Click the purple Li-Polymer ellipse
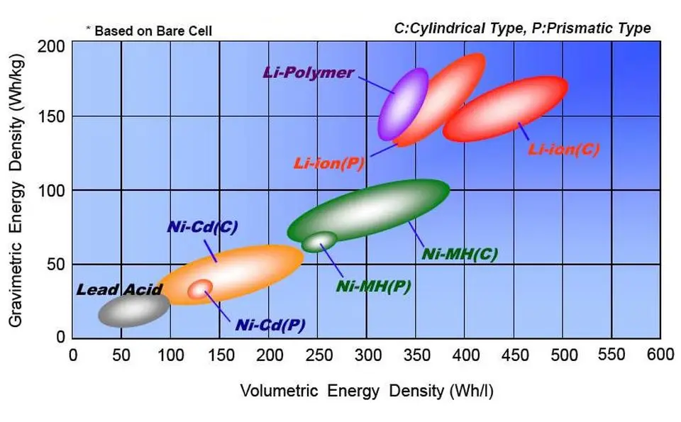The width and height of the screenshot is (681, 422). pyautogui.click(x=403, y=104)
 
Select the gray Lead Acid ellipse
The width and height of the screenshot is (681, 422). pyautogui.click(x=133, y=309)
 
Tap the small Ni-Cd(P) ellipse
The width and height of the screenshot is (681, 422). pyautogui.click(x=200, y=289)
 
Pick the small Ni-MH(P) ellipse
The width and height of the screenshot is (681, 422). pyautogui.click(x=319, y=241)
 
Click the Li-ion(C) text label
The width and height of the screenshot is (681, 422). pyautogui.click(x=564, y=150)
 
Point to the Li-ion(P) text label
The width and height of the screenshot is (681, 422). pyautogui.click(x=328, y=164)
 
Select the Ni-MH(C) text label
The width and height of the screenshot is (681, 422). pyautogui.click(x=460, y=254)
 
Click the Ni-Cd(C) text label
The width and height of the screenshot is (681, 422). pyautogui.click(x=202, y=227)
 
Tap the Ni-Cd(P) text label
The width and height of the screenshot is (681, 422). pyautogui.click(x=270, y=325)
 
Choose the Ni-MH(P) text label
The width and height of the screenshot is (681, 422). pyautogui.click(x=374, y=287)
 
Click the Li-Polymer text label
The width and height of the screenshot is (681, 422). pyautogui.click(x=309, y=72)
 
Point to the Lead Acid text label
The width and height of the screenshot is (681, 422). pyautogui.click(x=119, y=289)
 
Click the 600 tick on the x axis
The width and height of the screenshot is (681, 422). pyautogui.click(x=660, y=355)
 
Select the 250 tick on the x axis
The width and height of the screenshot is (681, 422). pyautogui.click(x=318, y=355)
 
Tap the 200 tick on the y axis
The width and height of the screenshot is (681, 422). pyautogui.click(x=51, y=46)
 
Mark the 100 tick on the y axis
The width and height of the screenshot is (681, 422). pyautogui.click(x=51, y=191)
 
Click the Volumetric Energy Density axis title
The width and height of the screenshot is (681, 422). pyautogui.click(x=367, y=391)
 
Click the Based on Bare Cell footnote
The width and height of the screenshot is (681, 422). pyautogui.click(x=149, y=30)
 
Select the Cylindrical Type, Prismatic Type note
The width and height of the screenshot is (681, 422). pyautogui.click(x=523, y=28)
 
